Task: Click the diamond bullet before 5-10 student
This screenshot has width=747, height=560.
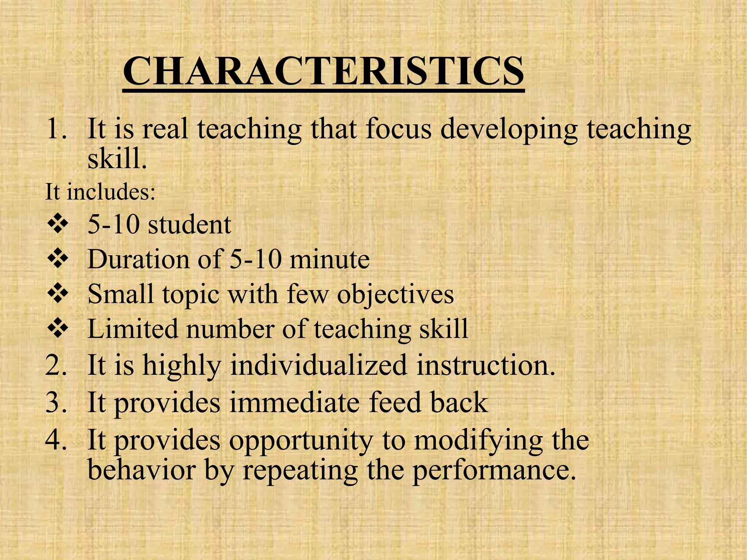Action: (58, 225)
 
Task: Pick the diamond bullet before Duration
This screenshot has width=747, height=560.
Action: (58, 260)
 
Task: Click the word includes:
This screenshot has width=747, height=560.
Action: (111, 192)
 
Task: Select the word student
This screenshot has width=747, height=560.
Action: (189, 225)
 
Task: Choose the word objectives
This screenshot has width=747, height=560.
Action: (395, 295)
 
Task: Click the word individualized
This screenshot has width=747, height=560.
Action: (318, 366)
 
